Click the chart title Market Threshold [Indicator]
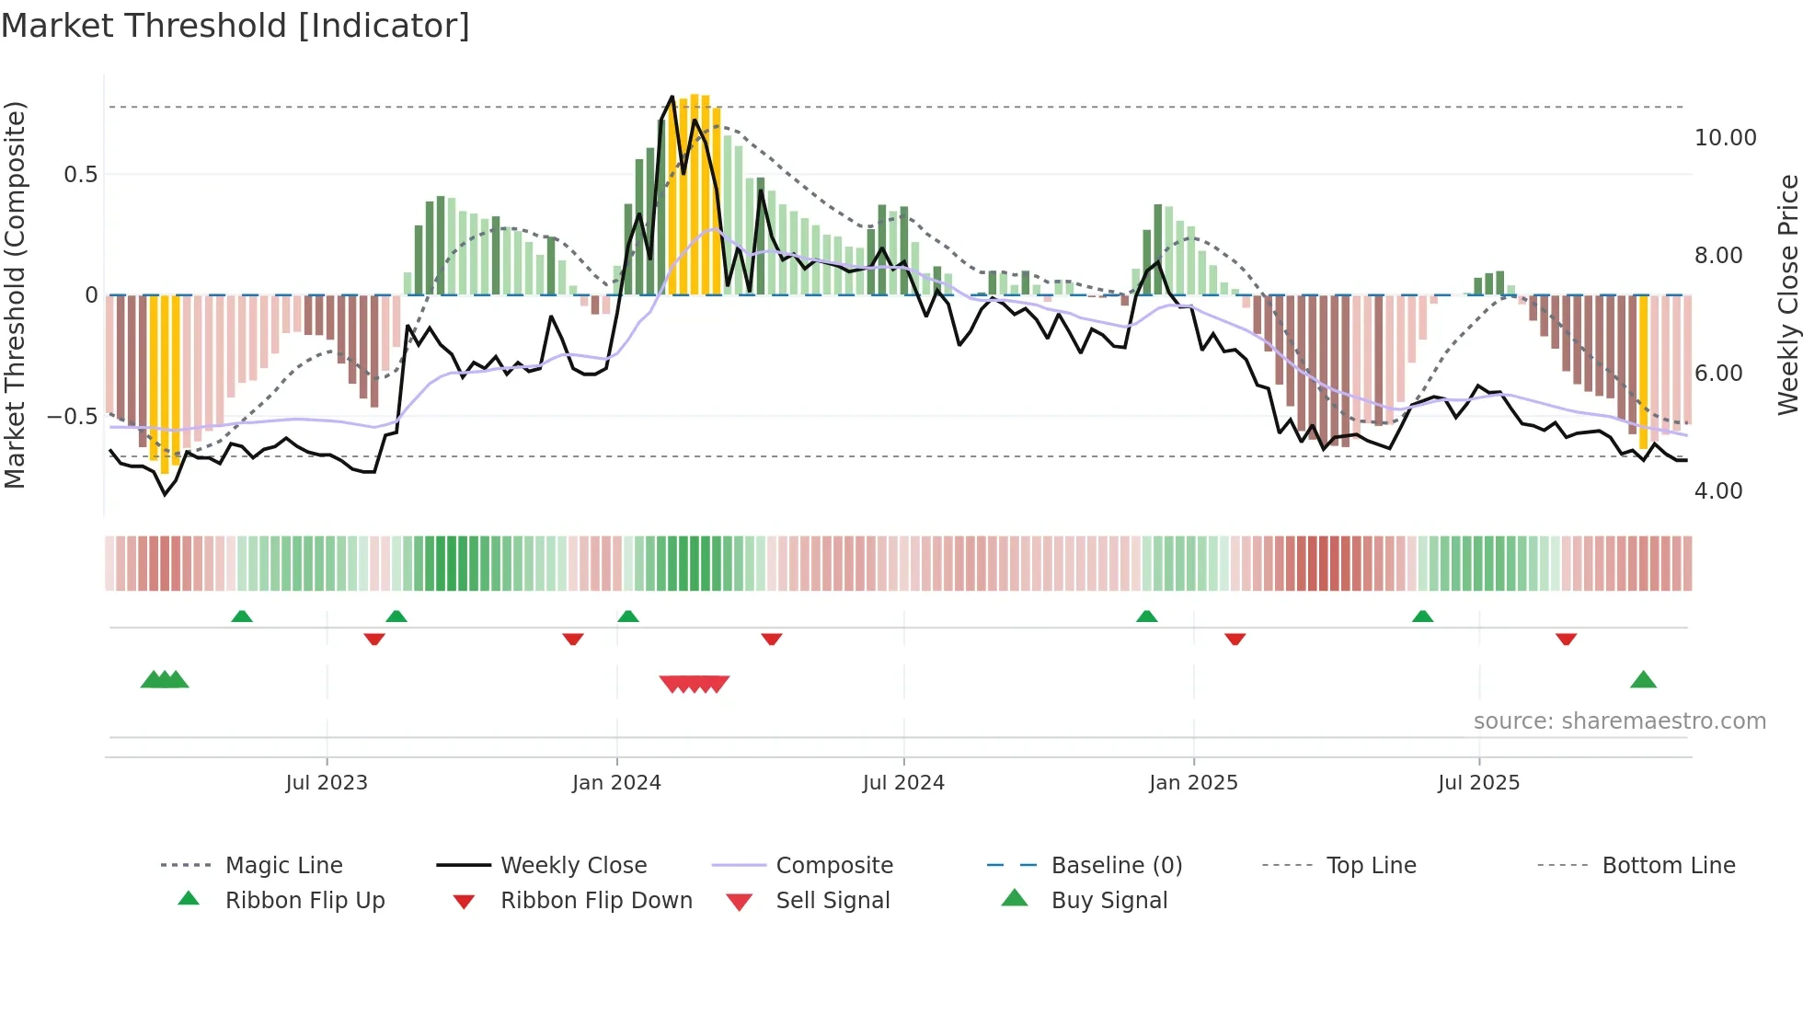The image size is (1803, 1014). (x=235, y=26)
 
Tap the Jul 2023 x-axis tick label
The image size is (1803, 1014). (x=327, y=783)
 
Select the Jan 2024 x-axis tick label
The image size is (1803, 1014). (x=616, y=783)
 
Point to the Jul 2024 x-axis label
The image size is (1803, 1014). (x=903, y=783)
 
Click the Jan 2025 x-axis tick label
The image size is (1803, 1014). (x=1193, y=783)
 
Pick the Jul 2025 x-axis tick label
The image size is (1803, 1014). (x=1478, y=783)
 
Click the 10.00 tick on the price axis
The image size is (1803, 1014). (x=1725, y=138)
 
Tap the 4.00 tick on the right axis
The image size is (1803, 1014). (x=1718, y=491)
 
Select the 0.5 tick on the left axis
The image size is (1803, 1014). (x=81, y=175)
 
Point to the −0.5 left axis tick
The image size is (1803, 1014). (x=73, y=417)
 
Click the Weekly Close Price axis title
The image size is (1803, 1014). (x=1787, y=294)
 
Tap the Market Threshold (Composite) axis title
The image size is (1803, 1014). (x=15, y=294)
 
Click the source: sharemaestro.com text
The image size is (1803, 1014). (x=1619, y=721)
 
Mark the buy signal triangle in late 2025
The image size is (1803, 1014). (x=1643, y=681)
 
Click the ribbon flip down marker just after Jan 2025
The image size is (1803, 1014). (x=1235, y=639)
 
